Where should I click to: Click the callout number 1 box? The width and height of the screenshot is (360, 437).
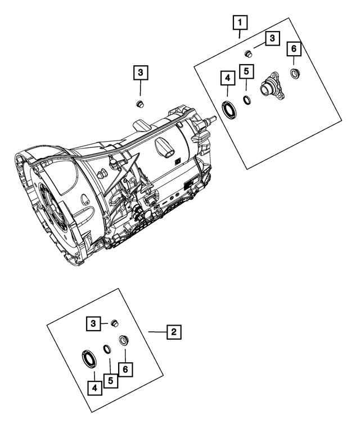point(240,23)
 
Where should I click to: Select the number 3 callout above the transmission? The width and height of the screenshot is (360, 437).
point(140,73)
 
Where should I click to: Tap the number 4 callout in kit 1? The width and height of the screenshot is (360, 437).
point(227,77)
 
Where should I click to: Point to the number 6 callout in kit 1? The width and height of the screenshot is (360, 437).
point(293,49)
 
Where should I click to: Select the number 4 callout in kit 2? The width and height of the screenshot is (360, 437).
point(94,388)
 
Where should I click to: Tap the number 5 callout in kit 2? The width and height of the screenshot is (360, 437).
point(111,381)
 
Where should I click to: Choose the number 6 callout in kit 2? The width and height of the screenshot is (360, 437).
point(125,370)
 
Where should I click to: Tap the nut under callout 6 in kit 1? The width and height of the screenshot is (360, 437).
point(294,73)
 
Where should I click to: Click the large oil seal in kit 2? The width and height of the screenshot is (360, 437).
point(89,358)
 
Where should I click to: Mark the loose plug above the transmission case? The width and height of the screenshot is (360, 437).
point(139,103)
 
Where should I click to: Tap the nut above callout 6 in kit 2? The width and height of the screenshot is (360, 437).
point(123,341)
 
